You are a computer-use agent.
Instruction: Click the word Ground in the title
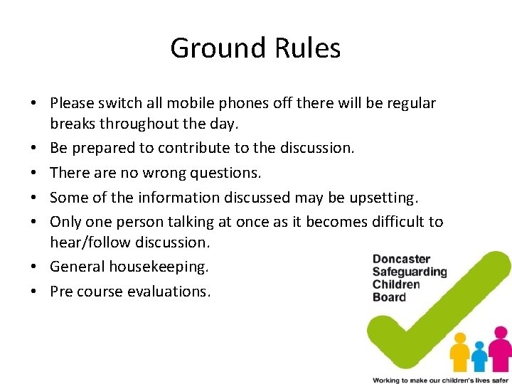[218, 48]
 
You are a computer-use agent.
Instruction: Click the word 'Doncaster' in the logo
[402, 260]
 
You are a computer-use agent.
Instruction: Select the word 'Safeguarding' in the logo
[410, 272]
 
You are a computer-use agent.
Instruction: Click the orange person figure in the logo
[460, 349]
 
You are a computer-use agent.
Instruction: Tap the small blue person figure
[480, 355]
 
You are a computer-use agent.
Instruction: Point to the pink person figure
[501, 345]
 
